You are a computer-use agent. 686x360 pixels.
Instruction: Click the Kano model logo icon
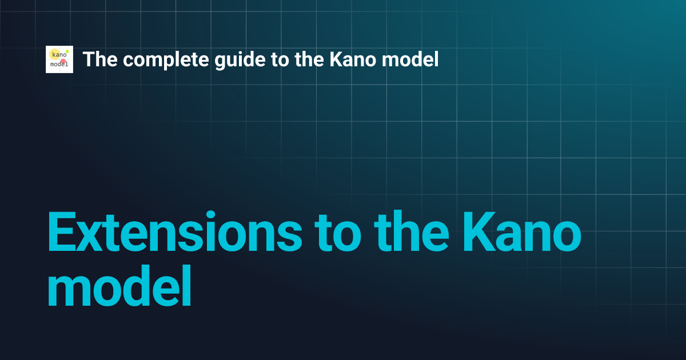(59, 59)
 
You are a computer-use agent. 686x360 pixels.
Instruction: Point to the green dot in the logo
(67, 51)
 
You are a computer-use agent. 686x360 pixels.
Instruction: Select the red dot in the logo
(63, 61)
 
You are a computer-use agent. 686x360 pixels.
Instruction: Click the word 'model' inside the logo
(59, 65)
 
